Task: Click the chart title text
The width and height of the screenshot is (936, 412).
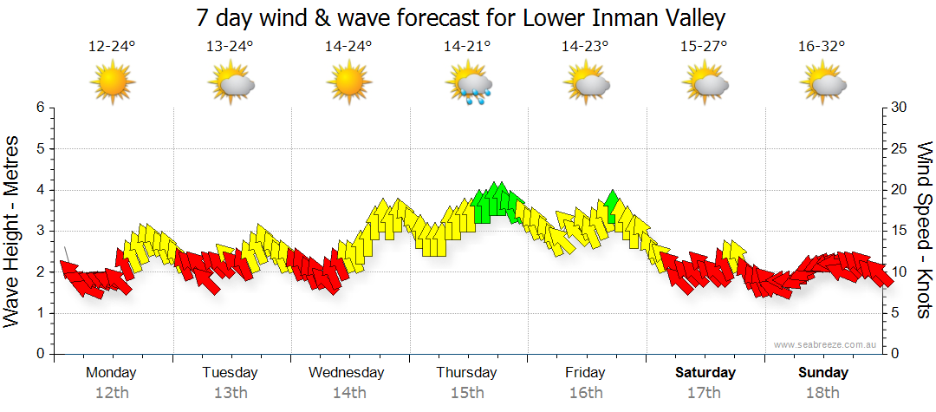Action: pos(460,17)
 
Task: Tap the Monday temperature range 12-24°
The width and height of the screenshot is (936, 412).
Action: pos(112,47)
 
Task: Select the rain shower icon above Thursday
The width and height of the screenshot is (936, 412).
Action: pos(468,84)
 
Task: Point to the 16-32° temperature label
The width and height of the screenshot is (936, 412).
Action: pos(821,47)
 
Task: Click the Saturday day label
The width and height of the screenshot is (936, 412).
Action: pos(705,373)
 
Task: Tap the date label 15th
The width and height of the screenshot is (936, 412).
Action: pos(467,392)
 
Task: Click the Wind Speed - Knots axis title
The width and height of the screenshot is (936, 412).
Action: pos(924,230)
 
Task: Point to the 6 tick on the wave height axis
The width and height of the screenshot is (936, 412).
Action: pos(39,108)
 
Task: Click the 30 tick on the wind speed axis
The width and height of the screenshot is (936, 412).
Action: pos(899,108)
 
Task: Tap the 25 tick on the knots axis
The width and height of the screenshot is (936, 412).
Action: pos(899,149)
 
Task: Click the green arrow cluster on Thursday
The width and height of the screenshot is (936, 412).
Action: pos(496,202)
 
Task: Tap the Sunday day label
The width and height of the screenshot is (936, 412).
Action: pos(823,373)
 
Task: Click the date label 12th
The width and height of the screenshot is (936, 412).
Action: pos(112,392)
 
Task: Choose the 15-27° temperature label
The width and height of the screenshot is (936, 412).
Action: pos(703,47)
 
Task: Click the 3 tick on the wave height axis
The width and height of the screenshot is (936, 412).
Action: pos(39,232)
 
